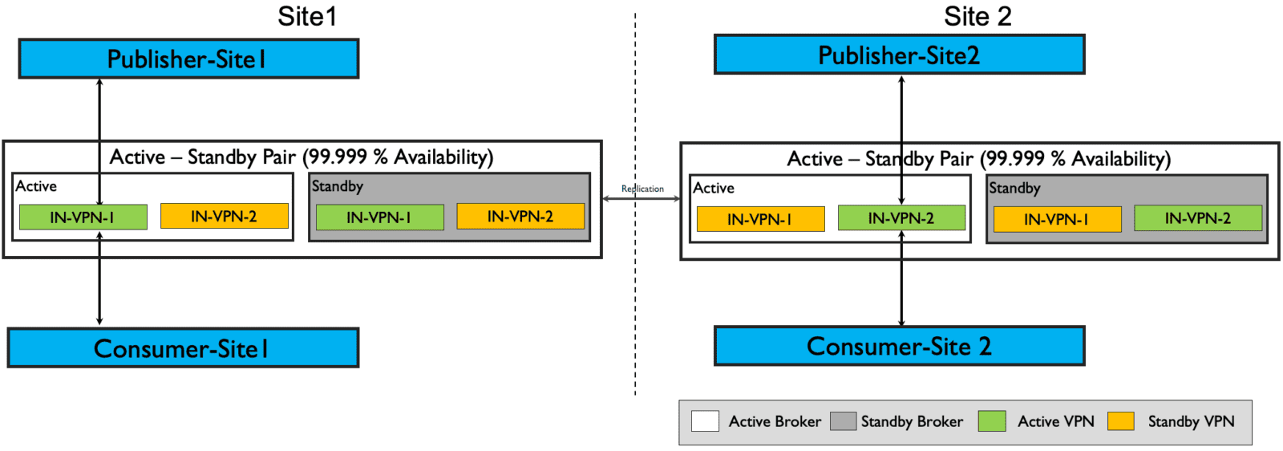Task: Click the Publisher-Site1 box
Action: click(x=188, y=59)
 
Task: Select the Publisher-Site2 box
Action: click(x=899, y=55)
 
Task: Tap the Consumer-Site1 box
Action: click(x=183, y=348)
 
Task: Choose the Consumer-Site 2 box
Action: click(x=899, y=346)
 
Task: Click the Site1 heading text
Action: click(x=307, y=16)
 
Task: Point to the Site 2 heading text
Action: click(x=977, y=16)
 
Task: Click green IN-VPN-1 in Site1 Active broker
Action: click(x=83, y=217)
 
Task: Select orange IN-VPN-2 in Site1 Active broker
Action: click(x=224, y=216)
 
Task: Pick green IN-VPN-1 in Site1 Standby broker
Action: click(x=379, y=217)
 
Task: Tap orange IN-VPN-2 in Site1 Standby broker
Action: click(x=520, y=216)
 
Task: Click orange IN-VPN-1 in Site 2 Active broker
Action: click(x=760, y=219)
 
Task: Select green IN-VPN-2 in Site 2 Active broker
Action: click(x=901, y=217)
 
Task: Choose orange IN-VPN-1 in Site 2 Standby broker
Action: click(x=1057, y=219)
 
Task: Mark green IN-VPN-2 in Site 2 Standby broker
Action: click(x=1198, y=217)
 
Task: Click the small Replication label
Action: click(x=642, y=189)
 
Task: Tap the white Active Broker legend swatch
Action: click(x=705, y=421)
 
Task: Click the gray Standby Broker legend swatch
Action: click(x=843, y=421)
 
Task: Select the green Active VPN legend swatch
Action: click(x=992, y=421)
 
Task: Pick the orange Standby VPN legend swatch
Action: click(x=1120, y=421)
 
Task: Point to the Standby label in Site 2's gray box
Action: click(x=1014, y=188)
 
